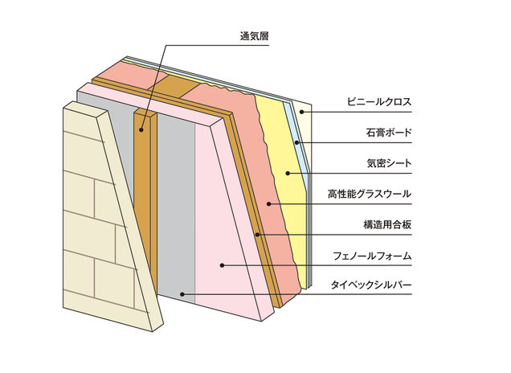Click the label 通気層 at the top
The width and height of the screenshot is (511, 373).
pyautogui.click(x=254, y=35)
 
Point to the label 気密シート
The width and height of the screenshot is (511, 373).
pyautogui.click(x=388, y=163)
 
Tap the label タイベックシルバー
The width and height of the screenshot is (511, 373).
pyautogui.click(x=372, y=285)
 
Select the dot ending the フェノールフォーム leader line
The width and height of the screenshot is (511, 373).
pyautogui.click(x=222, y=264)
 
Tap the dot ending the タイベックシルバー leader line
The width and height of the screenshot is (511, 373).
pyautogui.click(x=182, y=294)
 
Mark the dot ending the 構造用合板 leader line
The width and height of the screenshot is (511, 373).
pyautogui.click(x=256, y=233)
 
